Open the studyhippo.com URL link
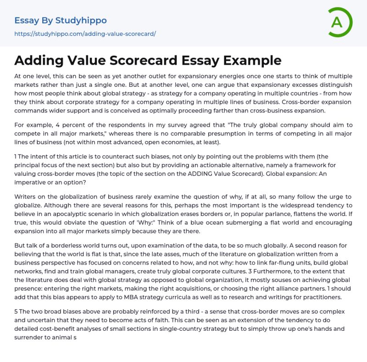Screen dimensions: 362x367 85,34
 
